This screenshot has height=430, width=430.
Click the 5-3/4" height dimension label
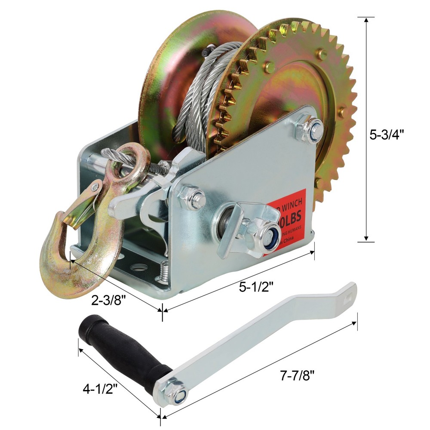coord(387,135)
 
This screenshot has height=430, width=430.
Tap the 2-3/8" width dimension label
coord(110,301)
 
